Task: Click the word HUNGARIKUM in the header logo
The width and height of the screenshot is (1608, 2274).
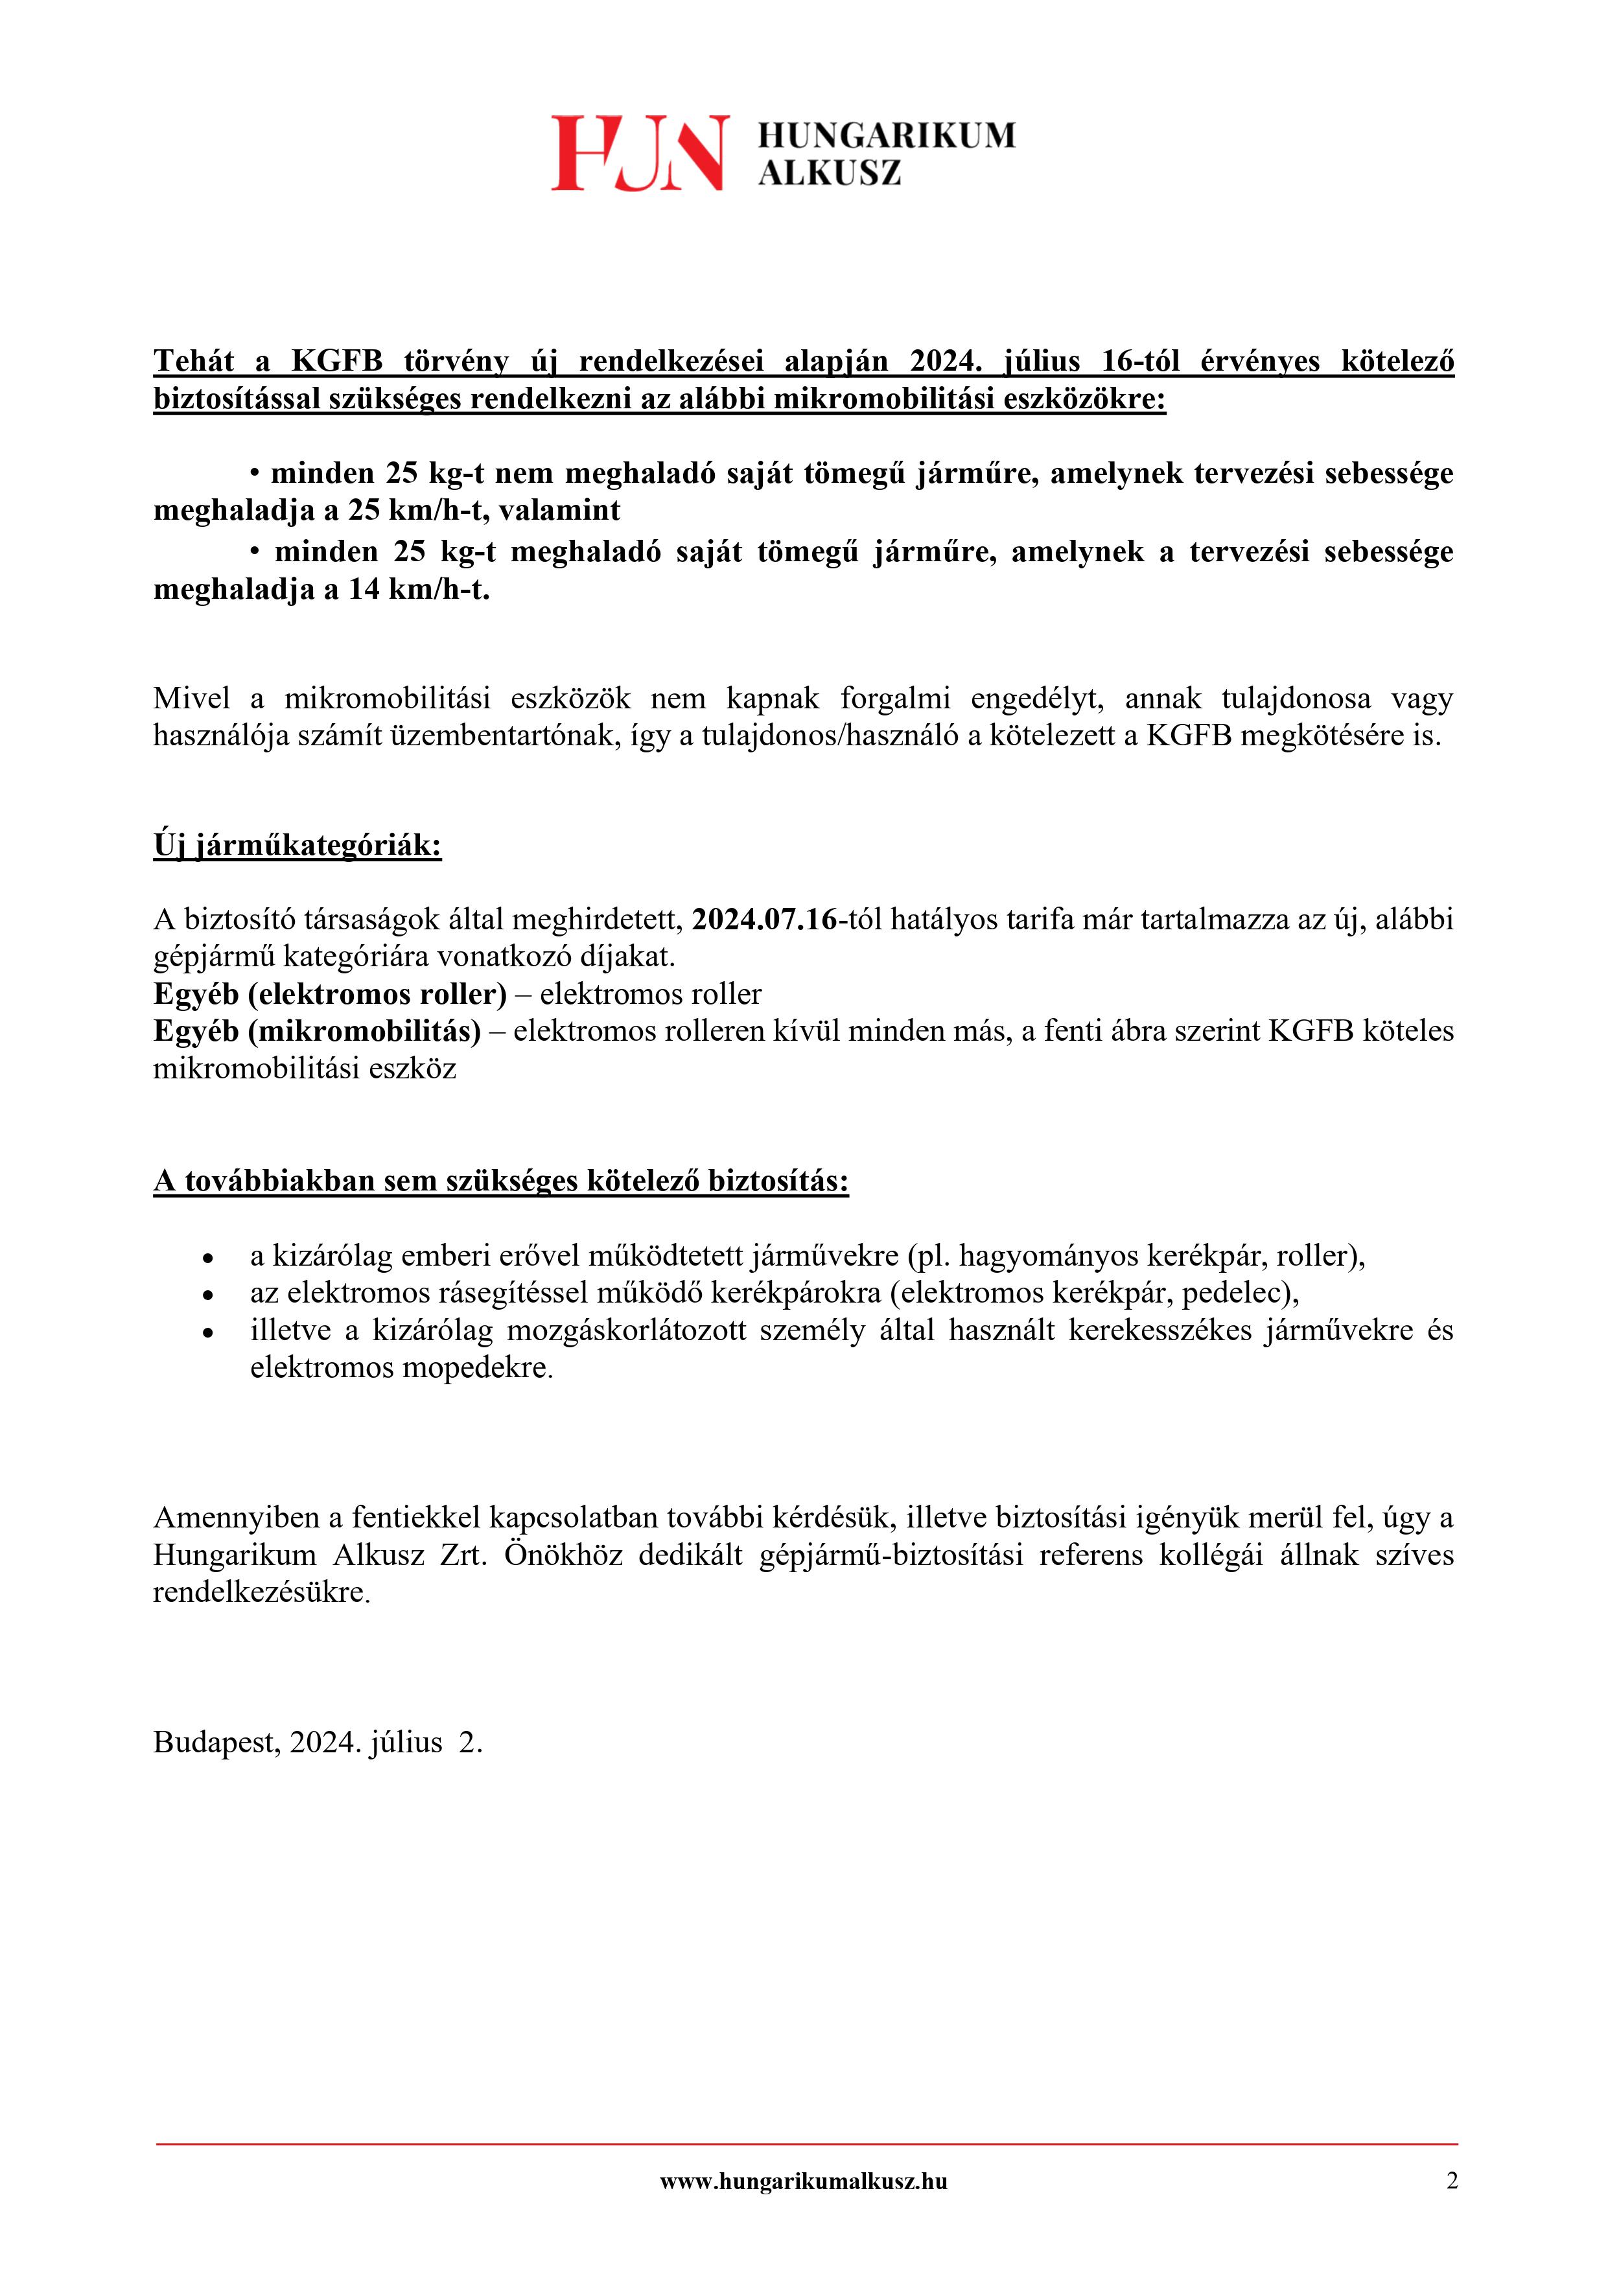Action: coord(887,135)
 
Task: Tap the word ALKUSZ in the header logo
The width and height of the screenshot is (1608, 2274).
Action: coord(830,173)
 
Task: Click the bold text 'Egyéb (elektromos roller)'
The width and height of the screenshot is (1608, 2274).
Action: coord(330,993)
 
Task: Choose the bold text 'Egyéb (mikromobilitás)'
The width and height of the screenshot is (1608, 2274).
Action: coord(317,1031)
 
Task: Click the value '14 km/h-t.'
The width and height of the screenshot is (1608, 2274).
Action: coord(419,590)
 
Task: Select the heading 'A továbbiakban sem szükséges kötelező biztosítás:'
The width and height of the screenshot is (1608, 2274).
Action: coord(500,1181)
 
